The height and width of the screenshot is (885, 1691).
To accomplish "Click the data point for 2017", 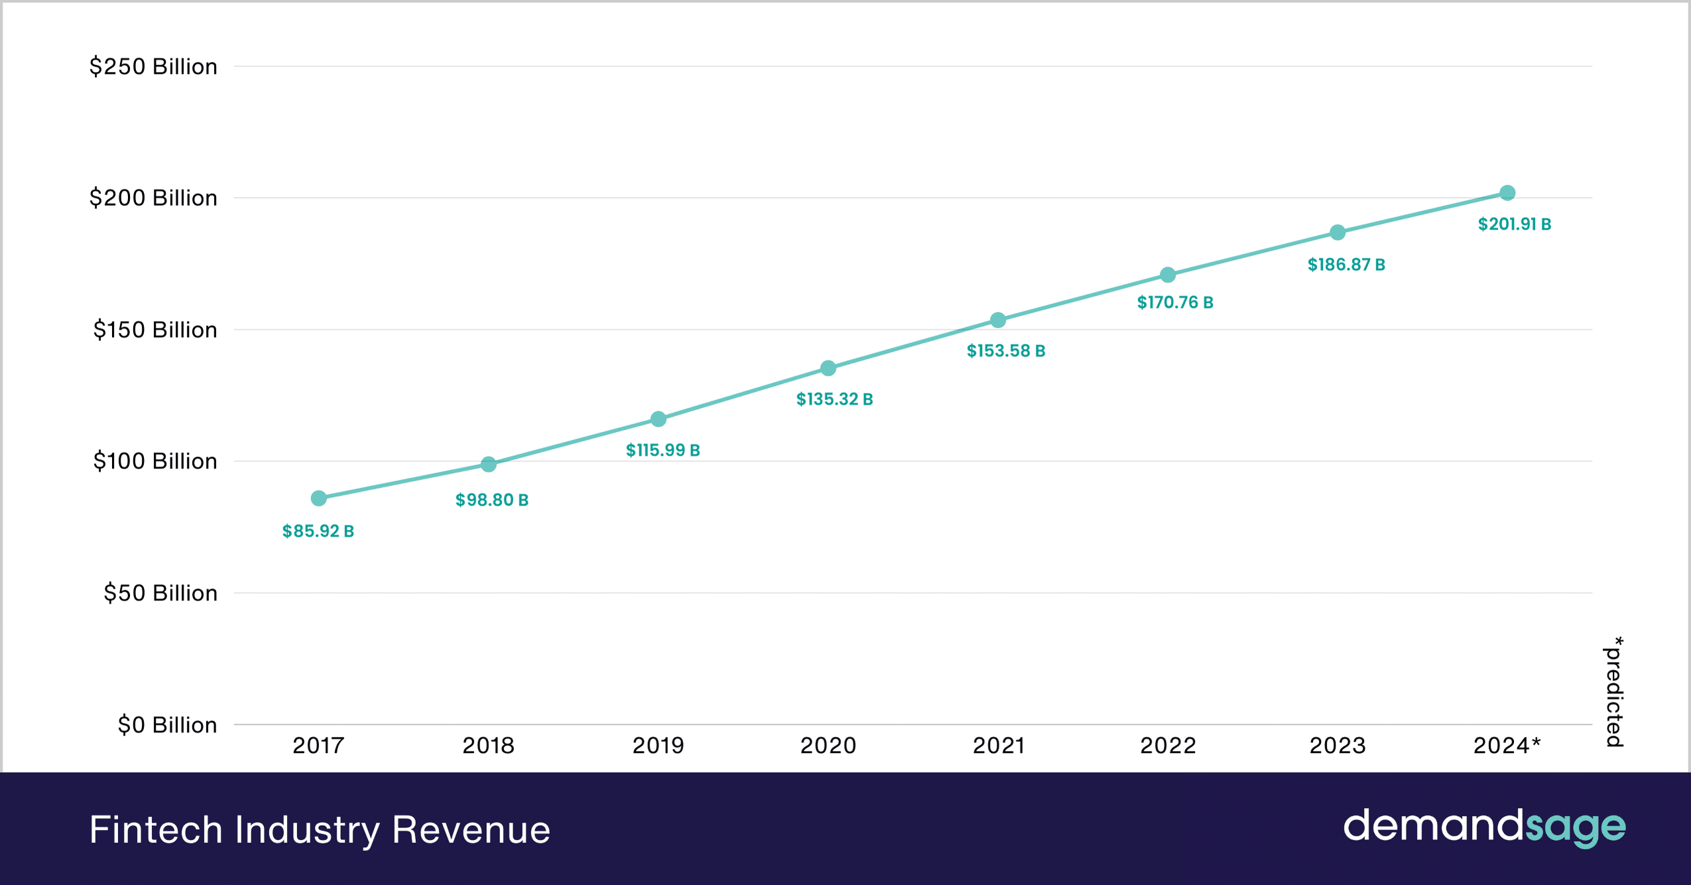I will [x=318, y=498].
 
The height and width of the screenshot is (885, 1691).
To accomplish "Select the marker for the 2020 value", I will [x=828, y=368].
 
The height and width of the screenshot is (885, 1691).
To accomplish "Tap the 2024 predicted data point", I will [x=1507, y=193].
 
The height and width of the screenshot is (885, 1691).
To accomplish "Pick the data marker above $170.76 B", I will [x=1168, y=275].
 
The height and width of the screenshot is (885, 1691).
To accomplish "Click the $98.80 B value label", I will [x=491, y=500].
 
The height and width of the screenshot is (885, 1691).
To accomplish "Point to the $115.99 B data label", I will [x=662, y=450].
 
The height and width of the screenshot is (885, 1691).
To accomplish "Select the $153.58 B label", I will [x=1005, y=351].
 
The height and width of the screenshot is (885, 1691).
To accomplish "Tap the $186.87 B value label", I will [x=1346, y=265].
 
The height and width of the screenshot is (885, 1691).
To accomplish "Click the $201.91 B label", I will [x=1514, y=224].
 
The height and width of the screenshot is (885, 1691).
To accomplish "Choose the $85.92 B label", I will [x=318, y=531].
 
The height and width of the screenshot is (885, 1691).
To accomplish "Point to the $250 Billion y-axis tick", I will [x=153, y=66].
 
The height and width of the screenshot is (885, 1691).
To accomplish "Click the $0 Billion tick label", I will [x=167, y=724].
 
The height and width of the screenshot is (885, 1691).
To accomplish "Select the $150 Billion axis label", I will [x=155, y=330].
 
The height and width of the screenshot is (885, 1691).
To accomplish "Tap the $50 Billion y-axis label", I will [x=160, y=593].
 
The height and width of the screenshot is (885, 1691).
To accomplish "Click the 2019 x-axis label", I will [x=658, y=746].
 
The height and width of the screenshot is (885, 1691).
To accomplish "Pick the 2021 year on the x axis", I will [x=998, y=746].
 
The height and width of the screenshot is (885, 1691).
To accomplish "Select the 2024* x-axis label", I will [x=1507, y=746].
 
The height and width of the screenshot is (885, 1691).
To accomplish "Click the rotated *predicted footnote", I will [x=1614, y=692].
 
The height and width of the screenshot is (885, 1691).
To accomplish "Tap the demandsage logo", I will [x=1484, y=827].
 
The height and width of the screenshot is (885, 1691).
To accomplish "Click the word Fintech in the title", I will [x=155, y=829].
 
